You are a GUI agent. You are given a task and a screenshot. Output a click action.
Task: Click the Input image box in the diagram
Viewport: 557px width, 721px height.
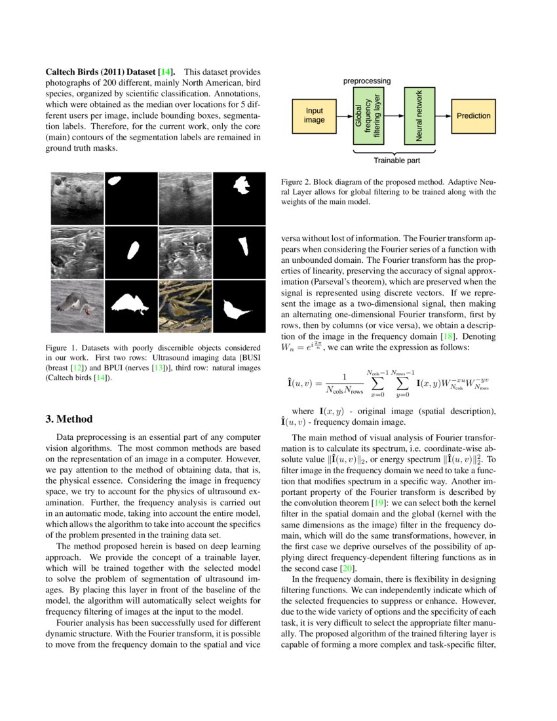click(x=315, y=115)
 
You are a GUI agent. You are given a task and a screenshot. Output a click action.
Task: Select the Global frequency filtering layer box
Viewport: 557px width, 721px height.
click(x=368, y=115)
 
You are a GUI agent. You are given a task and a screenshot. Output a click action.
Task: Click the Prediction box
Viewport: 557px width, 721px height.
click(x=473, y=115)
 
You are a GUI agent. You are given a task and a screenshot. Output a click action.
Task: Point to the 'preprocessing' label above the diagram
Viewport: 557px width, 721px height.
click(x=367, y=81)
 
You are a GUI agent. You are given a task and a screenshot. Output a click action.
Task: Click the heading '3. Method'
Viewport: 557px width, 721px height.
click(x=69, y=419)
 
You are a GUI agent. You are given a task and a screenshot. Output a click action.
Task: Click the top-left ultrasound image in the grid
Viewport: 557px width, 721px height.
click(x=77, y=197)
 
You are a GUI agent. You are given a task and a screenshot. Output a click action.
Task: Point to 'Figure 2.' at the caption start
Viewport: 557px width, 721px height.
click(x=296, y=182)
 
